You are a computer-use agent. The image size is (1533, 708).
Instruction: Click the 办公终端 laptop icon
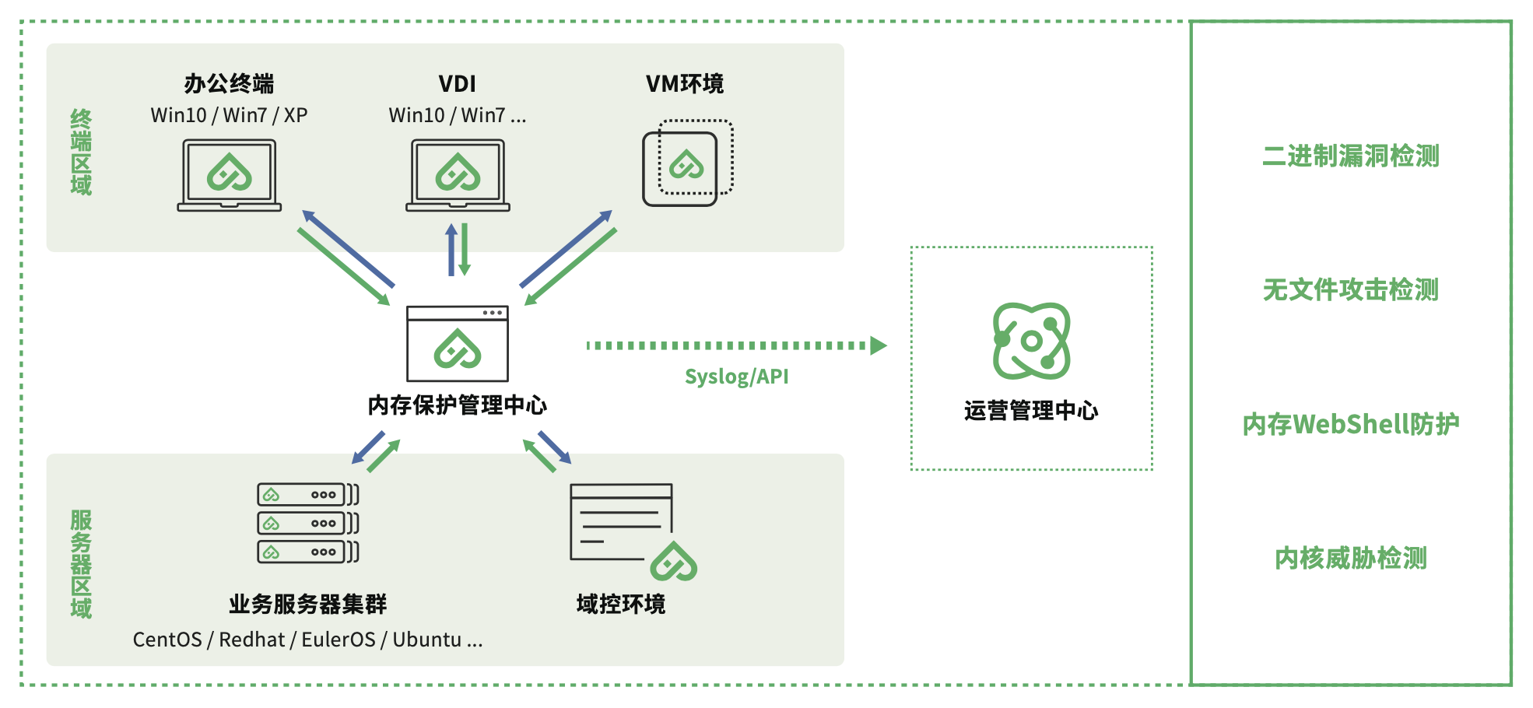(x=229, y=175)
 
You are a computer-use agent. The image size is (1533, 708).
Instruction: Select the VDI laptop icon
(x=458, y=175)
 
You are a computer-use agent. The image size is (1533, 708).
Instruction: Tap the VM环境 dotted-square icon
(x=687, y=163)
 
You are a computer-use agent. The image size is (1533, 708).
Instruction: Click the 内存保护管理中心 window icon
(x=458, y=343)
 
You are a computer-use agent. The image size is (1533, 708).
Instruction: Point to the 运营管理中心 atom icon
(x=1031, y=341)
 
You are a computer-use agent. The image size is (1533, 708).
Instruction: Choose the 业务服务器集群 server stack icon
(x=308, y=523)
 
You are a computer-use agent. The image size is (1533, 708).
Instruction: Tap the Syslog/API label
(x=736, y=377)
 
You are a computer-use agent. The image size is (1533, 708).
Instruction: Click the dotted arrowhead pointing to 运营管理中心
(x=878, y=345)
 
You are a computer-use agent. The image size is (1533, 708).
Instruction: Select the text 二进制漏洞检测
(x=1350, y=156)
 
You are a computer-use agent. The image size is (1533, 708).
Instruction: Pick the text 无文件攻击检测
(x=1350, y=290)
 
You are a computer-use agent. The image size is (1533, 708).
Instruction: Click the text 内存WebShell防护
(x=1350, y=424)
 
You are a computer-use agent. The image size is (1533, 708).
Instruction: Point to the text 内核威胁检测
(x=1350, y=558)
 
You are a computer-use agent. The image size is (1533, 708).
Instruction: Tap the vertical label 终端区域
(x=81, y=152)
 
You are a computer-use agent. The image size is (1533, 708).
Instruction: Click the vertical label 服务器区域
(x=81, y=563)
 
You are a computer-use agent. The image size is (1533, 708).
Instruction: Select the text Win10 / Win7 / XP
(x=229, y=115)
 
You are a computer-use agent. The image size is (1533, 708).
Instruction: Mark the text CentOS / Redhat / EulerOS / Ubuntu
(x=307, y=640)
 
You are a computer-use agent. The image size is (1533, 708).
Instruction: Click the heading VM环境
(x=685, y=83)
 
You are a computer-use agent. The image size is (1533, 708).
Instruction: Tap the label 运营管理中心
(x=1031, y=410)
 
